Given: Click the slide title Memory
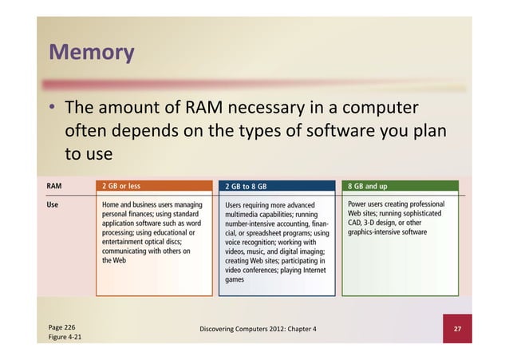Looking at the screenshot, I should (91, 53).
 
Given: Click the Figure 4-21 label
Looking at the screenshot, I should (65, 338).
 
